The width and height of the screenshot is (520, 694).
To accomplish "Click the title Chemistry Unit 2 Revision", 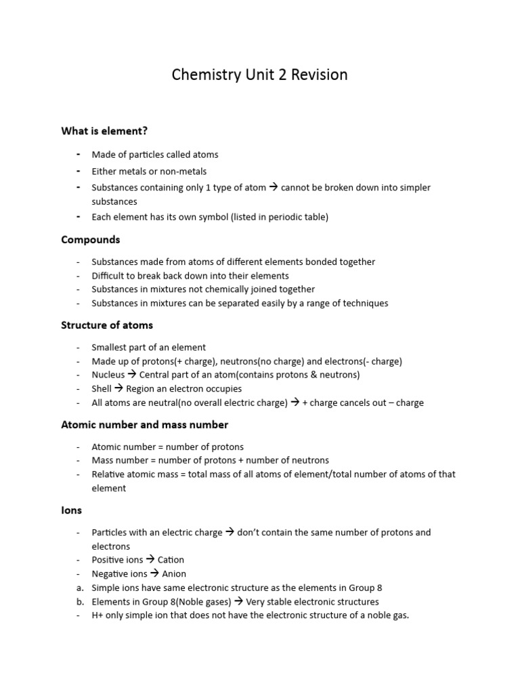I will (x=259, y=75).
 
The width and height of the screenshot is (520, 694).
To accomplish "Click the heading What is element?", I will (x=104, y=131).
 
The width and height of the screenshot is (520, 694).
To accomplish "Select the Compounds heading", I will (x=91, y=239).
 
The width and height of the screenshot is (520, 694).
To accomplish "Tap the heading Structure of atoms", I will (x=107, y=325).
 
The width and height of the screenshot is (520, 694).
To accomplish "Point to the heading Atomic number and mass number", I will (x=144, y=424).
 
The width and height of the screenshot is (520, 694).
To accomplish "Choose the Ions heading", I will (x=71, y=510).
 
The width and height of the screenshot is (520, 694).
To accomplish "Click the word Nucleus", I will (x=108, y=375).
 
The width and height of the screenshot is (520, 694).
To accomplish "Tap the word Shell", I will (x=102, y=389).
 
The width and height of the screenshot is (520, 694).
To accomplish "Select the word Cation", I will (x=171, y=560).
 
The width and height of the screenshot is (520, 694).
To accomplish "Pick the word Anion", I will (x=174, y=574).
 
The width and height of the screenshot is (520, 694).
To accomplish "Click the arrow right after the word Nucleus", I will (x=132, y=375).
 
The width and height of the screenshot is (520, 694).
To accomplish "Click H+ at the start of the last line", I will (x=98, y=615).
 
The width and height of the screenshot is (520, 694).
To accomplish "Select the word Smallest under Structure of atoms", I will (x=111, y=348).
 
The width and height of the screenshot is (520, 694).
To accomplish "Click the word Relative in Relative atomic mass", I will (x=108, y=474).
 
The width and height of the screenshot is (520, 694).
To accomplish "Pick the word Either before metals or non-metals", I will (x=104, y=171).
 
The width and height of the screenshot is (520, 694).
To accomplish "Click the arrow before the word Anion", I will (x=155, y=574).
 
